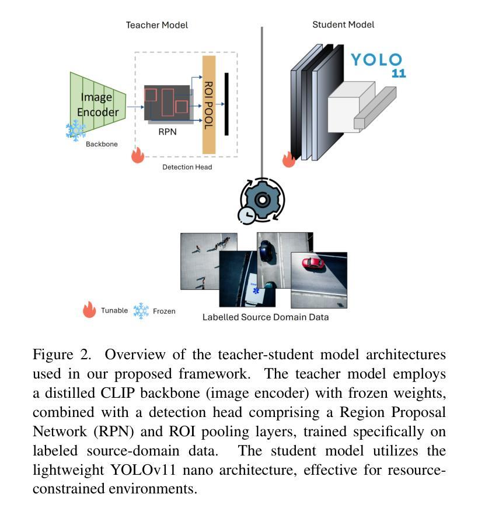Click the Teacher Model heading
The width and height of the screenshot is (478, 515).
click(x=157, y=25)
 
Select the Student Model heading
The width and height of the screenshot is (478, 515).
click(x=343, y=24)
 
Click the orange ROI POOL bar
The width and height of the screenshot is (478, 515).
click(x=209, y=105)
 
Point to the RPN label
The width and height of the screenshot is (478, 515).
click(x=168, y=132)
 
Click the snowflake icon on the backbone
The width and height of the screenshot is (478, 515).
click(x=76, y=131)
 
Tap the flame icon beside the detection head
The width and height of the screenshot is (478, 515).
click(x=138, y=155)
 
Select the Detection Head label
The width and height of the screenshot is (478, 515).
click(x=187, y=167)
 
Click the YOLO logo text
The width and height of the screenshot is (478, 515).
click(x=377, y=59)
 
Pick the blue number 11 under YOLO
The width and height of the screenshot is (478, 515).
click(x=399, y=73)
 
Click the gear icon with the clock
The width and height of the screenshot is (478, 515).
click(x=261, y=201)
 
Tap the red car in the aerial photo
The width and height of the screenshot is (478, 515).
click(x=313, y=264)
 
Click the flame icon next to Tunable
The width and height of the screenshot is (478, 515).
click(x=89, y=309)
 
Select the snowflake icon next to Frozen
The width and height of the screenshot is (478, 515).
click(x=141, y=310)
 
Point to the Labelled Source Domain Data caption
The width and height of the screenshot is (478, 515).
click(x=266, y=317)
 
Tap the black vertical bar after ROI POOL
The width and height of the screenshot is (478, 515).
click(x=226, y=104)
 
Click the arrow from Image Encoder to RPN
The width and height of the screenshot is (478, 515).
click(x=135, y=107)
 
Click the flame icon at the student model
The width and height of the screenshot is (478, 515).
click(x=289, y=159)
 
